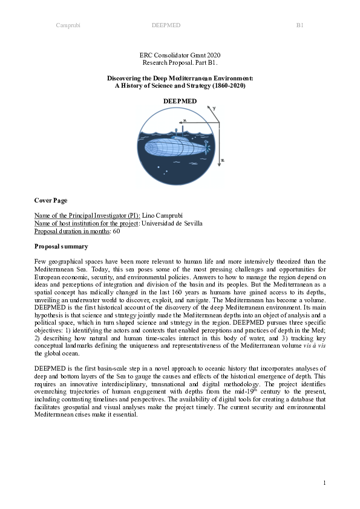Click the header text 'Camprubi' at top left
(68, 25)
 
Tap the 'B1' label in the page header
(299, 25)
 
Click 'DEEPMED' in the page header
(166, 25)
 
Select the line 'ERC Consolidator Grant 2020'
(180, 56)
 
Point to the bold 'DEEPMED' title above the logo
(180, 100)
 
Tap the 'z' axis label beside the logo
(223, 161)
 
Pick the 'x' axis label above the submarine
(185, 121)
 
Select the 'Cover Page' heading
(51, 200)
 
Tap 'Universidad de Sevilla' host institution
(171, 223)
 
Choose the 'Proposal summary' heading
(61, 246)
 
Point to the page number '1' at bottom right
(324, 482)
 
